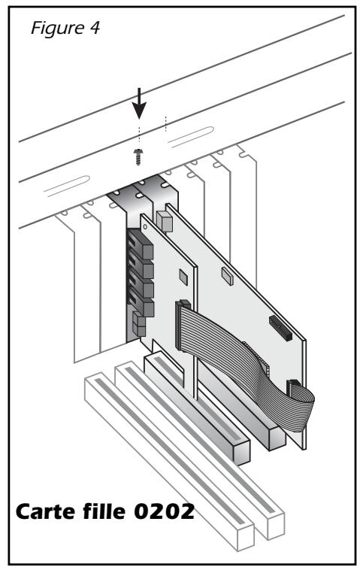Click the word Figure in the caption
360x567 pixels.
coord(57,29)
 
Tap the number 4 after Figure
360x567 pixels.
coord(95,28)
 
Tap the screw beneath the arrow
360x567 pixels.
coord(138,156)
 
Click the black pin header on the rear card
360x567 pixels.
coord(280,328)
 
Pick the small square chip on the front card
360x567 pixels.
coord(183,276)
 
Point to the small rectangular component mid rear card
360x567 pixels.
coord(227,276)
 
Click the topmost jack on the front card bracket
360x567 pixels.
coord(141,244)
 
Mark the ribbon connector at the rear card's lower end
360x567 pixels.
coord(294,388)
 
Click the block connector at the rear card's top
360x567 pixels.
coord(163,221)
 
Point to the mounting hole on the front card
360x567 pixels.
coord(145,227)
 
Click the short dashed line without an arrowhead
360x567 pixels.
coord(165,123)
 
